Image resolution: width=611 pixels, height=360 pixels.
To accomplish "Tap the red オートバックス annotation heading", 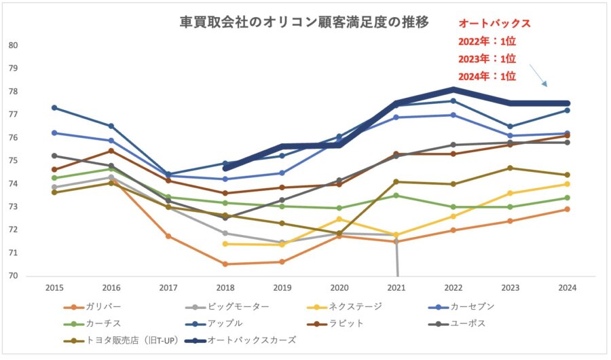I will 493,24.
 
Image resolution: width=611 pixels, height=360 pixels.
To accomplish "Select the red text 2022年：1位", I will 487,41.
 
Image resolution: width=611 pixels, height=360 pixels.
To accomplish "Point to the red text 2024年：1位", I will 487,76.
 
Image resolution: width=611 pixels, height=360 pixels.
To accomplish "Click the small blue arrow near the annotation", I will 537,75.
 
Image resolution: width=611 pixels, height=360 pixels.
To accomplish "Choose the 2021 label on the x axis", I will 396,288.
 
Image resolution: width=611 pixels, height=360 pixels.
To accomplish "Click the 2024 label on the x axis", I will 568,288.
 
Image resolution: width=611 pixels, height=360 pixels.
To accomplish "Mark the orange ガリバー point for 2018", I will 225,264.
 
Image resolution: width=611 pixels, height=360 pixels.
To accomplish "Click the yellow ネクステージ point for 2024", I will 568,184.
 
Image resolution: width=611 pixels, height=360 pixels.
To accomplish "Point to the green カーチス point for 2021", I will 396,196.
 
